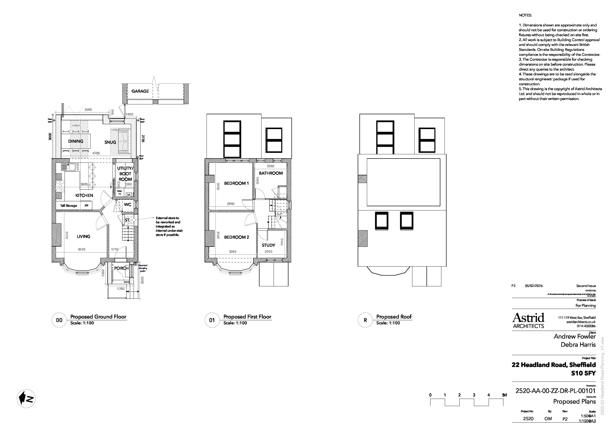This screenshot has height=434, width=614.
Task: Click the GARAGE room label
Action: (140, 91)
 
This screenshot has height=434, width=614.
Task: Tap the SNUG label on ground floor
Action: (110, 142)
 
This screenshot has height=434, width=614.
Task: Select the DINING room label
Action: (76, 141)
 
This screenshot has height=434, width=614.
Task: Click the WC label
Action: (128, 205)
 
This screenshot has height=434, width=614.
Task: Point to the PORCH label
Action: (121, 268)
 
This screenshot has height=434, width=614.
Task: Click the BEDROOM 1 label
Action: (236, 183)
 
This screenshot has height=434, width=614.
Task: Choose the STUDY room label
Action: (268, 245)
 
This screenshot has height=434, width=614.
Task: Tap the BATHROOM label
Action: (271, 173)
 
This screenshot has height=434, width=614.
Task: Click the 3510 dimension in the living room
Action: (82, 249)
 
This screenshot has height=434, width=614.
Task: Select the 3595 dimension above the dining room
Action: (88, 110)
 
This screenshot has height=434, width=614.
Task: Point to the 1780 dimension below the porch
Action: (121, 289)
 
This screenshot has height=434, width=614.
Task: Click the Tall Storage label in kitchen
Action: (69, 206)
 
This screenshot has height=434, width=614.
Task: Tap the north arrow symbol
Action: (26, 398)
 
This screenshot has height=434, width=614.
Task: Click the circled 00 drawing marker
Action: (59, 320)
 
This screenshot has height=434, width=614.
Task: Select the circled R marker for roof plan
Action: (365, 320)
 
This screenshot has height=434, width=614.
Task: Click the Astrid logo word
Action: (528, 318)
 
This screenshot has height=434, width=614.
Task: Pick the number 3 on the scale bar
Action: (474, 395)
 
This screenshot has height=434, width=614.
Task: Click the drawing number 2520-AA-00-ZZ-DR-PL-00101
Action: (555, 391)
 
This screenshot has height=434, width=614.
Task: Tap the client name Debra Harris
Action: (578, 345)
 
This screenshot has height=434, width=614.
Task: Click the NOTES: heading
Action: (525, 15)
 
